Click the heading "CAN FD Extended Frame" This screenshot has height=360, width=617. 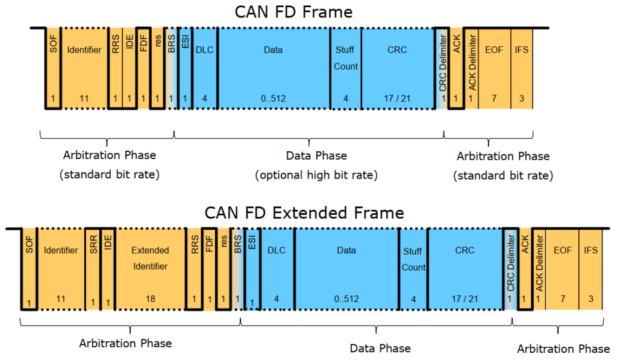pos(304,213)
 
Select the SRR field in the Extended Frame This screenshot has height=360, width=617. pos(93,268)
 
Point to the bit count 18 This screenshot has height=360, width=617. pos(151,298)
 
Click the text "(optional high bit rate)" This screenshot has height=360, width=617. pos(316,175)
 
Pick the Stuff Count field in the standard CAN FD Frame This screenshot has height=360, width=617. pos(346,68)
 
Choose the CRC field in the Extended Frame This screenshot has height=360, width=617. pos(465,268)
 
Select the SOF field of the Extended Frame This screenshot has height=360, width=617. pos(29,268)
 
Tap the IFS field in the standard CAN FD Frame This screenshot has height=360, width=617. pos(522,68)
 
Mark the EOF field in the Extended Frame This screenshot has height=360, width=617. pos(563,268)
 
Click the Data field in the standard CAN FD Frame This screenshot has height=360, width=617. pos(273,68)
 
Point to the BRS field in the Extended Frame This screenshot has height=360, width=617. pos(238,268)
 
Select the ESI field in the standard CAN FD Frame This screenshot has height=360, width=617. pos(186,68)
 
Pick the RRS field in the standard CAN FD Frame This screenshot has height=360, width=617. pos(115,68)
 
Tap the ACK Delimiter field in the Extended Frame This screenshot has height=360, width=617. pos(539,268)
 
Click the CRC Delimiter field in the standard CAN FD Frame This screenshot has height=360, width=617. pos(443,68)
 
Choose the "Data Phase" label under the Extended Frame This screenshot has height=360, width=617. pos(380,348)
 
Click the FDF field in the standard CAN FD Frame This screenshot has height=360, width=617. pos(143,68)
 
